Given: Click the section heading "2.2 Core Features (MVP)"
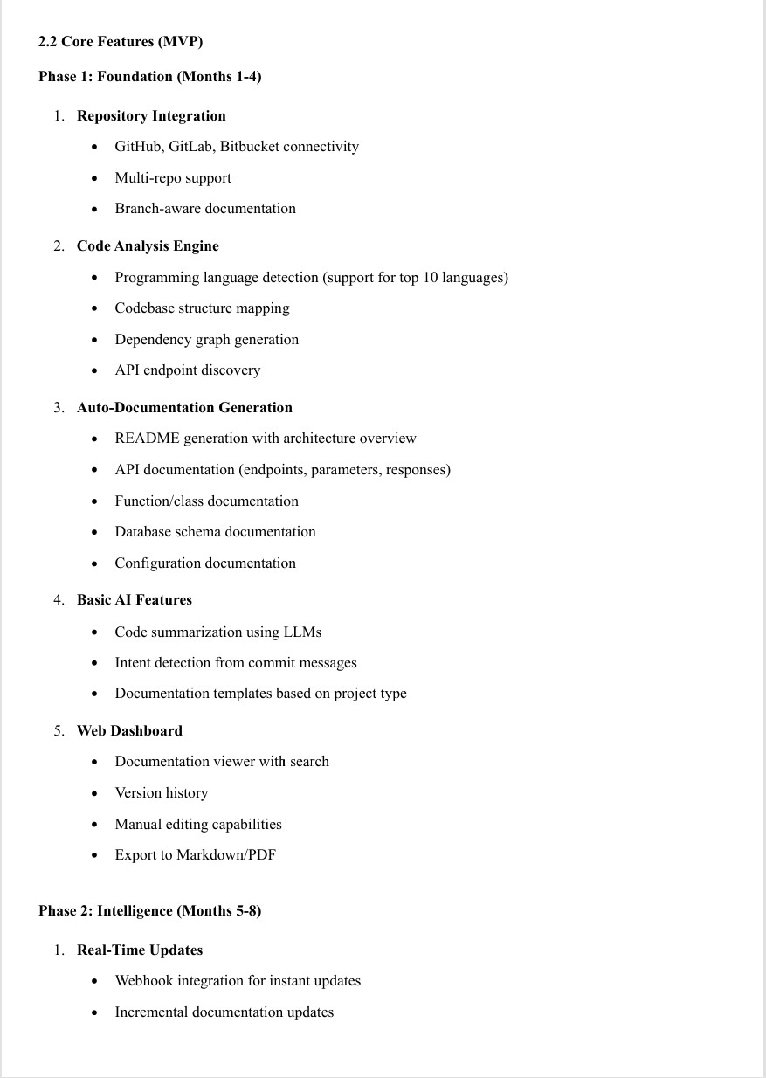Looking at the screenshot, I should click(121, 42).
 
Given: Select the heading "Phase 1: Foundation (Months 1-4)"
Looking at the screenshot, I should click(149, 77).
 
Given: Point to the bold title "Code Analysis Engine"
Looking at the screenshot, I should click(148, 246).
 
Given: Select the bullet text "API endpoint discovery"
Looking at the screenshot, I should click(187, 370).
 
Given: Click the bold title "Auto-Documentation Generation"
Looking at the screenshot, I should click(184, 408).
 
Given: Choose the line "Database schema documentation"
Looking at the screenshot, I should click(215, 532).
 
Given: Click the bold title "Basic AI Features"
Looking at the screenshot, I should click(134, 600).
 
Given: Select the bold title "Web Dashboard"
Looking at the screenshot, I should click(129, 731).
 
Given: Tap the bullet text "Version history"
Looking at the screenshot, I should click(161, 793).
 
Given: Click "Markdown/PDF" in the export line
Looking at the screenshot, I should click(225, 855).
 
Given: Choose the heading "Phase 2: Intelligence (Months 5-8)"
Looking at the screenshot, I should click(149, 911).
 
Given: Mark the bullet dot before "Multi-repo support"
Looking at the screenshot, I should click(94, 179).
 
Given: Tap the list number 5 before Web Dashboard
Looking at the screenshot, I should click(58, 731).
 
